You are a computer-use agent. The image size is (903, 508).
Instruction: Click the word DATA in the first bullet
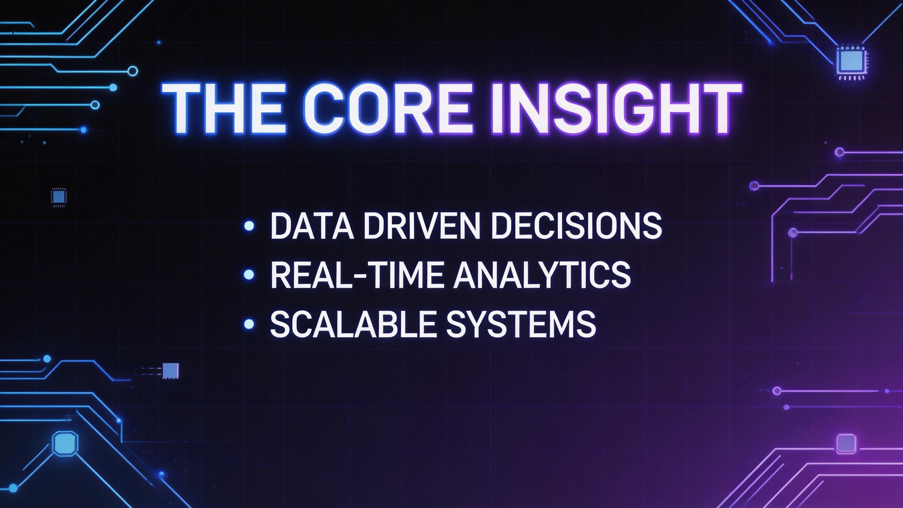point(311,226)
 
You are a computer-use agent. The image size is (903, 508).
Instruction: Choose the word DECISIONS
point(576,226)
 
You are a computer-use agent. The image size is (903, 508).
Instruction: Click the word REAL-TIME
point(356,275)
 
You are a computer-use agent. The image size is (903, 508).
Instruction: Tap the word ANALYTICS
point(542,275)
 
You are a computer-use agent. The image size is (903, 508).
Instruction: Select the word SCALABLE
point(353,324)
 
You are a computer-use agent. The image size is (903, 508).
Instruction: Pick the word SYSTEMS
point(521,324)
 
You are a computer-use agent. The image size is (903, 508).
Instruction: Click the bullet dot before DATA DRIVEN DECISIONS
point(249,226)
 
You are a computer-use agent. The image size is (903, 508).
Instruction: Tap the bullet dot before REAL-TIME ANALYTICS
point(249,275)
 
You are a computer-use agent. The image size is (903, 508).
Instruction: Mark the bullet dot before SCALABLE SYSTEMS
point(249,324)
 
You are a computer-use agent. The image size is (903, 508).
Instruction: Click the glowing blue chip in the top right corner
point(851,61)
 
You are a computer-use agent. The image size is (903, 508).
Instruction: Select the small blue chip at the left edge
point(58,197)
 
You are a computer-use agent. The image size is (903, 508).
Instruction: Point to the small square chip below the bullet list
point(170,371)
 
